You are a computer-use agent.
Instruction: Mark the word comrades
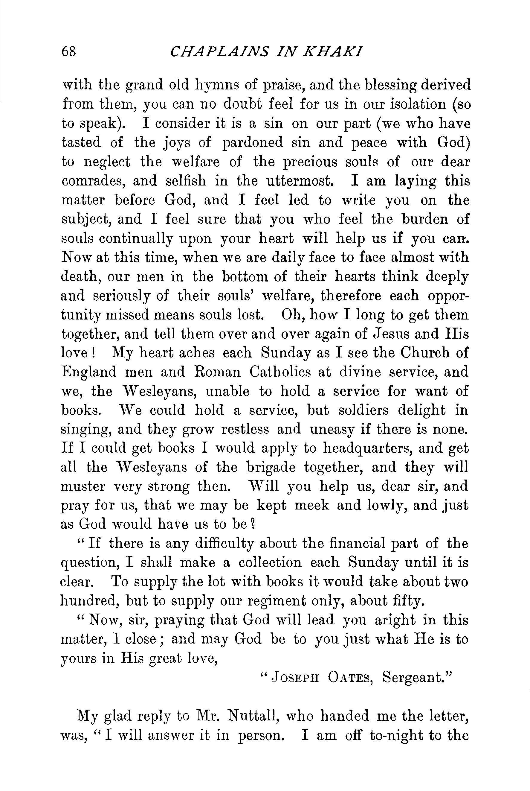[92, 181]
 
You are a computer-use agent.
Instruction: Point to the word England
[89, 372]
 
